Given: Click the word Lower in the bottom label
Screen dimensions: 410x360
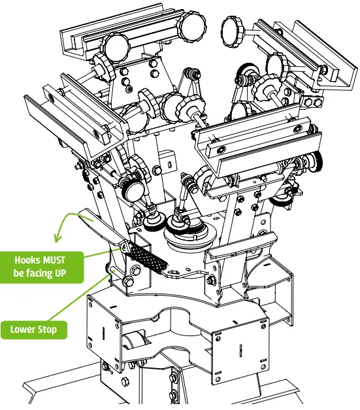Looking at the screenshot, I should [x=23, y=329].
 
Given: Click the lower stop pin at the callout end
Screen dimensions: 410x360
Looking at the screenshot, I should [x=113, y=269].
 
